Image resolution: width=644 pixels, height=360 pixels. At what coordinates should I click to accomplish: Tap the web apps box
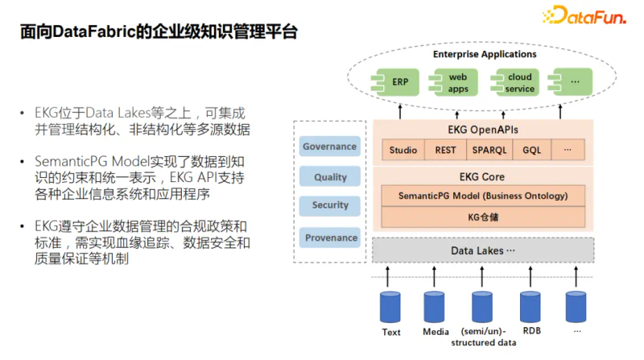point(453,82)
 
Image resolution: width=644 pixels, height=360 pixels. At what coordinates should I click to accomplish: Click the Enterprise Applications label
point(485,54)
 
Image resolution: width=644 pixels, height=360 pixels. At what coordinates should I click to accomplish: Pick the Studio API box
point(403,150)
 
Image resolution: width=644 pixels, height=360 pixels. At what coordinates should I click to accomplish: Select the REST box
point(445,150)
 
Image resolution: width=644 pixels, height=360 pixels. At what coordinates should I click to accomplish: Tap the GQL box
point(531,150)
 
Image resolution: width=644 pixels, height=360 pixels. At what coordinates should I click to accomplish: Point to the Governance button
point(329,147)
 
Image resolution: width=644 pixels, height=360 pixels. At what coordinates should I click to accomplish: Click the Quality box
point(329,176)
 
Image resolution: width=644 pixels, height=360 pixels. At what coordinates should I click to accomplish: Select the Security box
point(329,205)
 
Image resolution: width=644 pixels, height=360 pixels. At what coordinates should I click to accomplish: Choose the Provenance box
point(330,238)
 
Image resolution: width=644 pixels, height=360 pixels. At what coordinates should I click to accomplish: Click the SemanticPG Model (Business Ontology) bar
point(483,196)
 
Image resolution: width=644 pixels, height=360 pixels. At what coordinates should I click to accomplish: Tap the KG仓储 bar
point(483,217)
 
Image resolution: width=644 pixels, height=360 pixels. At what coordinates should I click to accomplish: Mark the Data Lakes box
point(483,250)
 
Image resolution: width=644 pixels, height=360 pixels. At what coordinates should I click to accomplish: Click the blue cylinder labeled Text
point(391,307)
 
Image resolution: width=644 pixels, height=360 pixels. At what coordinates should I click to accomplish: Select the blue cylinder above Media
point(436,307)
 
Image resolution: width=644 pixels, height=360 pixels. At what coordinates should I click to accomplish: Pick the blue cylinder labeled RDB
point(530,307)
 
